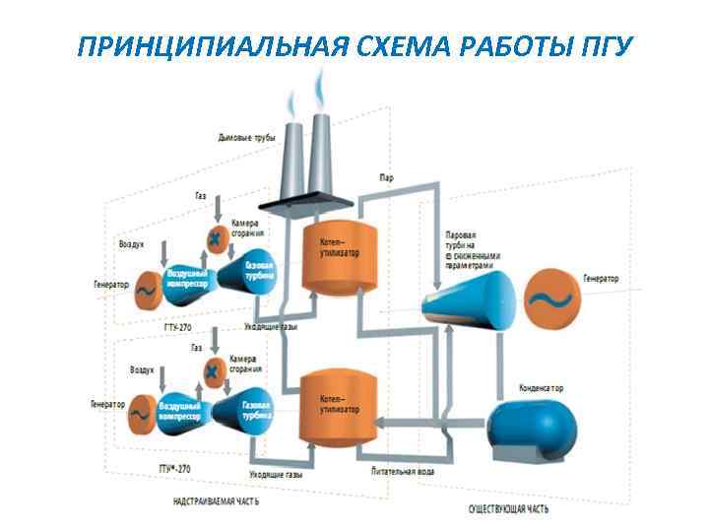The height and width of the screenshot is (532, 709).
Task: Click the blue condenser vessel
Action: pos(530,430)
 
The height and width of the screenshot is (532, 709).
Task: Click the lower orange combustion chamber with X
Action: pos(213,368)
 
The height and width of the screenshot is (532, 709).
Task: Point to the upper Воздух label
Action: pos(132,241)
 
